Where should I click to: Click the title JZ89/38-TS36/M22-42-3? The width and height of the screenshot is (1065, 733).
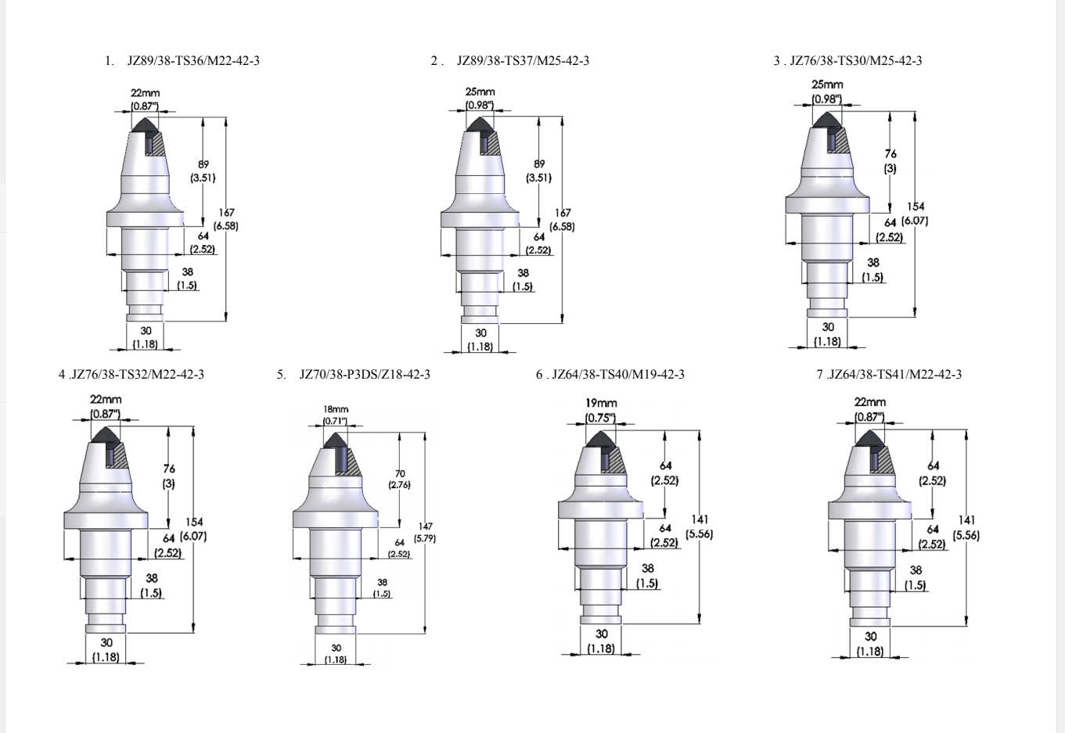point(193,61)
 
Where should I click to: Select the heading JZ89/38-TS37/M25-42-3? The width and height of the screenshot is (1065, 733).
point(523,61)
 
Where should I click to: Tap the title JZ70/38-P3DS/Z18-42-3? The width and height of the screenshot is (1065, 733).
point(365,375)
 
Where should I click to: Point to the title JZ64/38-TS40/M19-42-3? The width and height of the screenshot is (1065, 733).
point(618,375)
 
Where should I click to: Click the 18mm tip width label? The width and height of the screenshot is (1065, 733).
point(336,409)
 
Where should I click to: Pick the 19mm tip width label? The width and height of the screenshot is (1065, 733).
point(601,403)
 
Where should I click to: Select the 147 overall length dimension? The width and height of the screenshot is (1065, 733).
point(426,526)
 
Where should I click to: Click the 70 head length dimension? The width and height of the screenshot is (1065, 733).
point(400,473)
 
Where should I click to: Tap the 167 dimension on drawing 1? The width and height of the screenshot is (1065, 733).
point(226,213)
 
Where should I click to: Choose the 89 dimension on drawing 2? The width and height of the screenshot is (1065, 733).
point(539,164)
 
